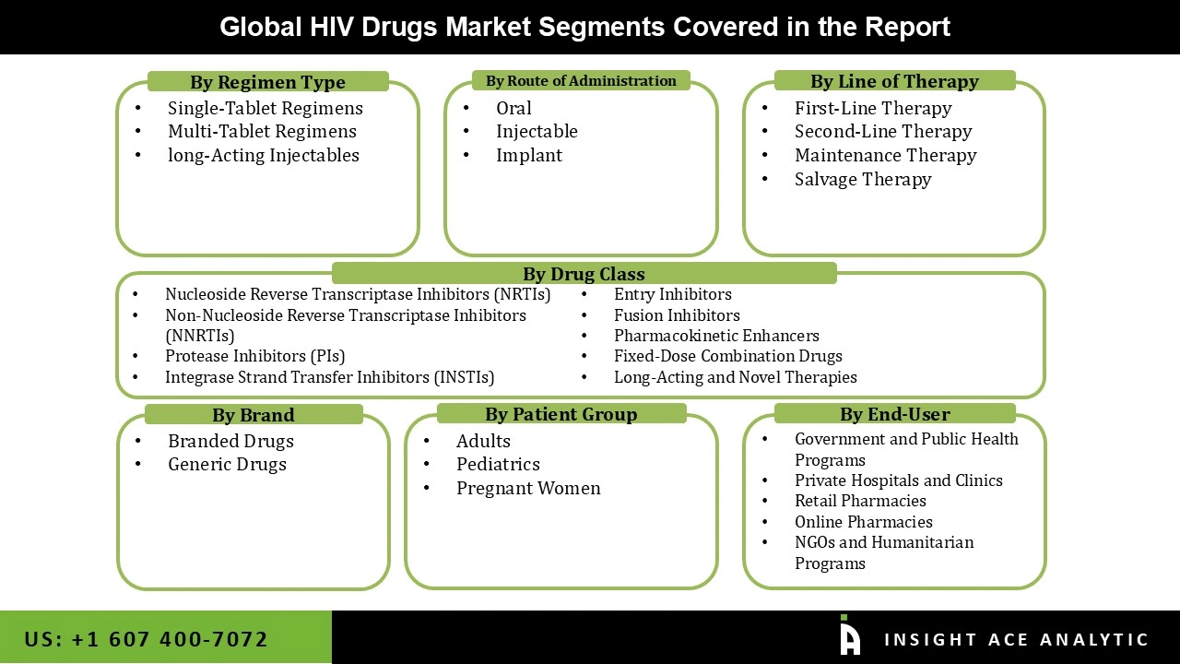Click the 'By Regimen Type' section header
267,82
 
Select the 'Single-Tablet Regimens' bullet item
265,108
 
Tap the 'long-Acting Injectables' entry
263,155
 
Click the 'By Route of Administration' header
581,81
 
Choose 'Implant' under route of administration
528,155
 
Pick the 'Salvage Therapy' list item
862,179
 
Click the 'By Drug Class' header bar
584,274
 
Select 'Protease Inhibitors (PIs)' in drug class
254,356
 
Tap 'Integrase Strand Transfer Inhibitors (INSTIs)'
329,377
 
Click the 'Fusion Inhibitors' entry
676,315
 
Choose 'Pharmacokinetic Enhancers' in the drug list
715,336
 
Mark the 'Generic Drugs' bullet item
227,465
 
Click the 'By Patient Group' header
560,414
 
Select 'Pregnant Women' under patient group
527,488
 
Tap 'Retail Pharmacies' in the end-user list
859,501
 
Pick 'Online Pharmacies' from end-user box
863,522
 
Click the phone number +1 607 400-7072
147,639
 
